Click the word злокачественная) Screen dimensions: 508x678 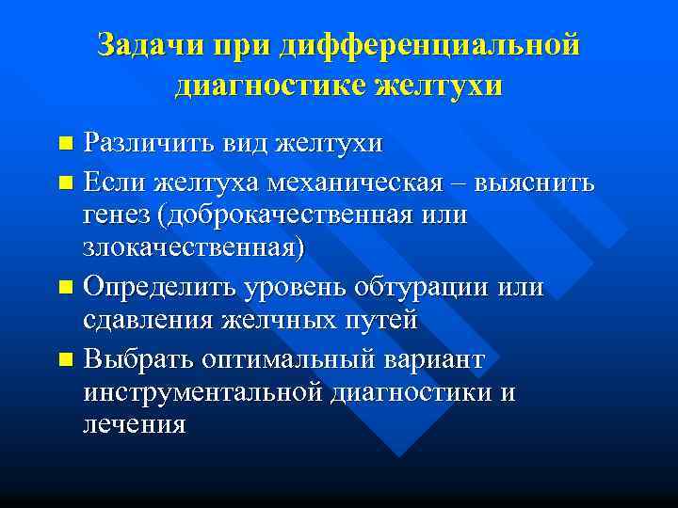tap(194, 249)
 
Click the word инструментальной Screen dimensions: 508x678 tap(202, 390)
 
